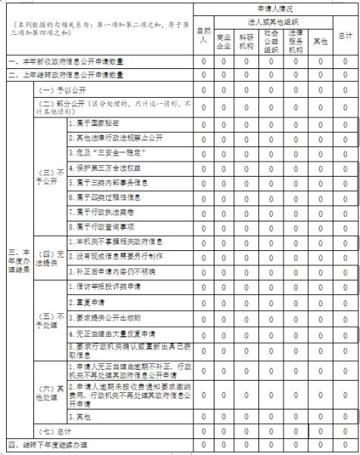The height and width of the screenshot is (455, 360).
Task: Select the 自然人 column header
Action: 202,35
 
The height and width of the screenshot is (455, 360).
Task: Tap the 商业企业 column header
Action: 224,39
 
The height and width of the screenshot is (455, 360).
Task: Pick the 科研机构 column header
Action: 247,39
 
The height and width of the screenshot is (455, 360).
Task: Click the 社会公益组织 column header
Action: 271,39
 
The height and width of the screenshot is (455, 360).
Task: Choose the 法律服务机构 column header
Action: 296,39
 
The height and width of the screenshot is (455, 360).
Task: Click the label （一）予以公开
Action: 58,89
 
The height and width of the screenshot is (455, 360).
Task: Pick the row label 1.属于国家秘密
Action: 95,123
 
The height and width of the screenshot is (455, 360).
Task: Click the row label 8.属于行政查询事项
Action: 102,225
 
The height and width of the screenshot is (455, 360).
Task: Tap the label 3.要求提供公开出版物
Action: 105,316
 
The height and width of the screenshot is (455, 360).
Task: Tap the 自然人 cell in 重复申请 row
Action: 202,300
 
